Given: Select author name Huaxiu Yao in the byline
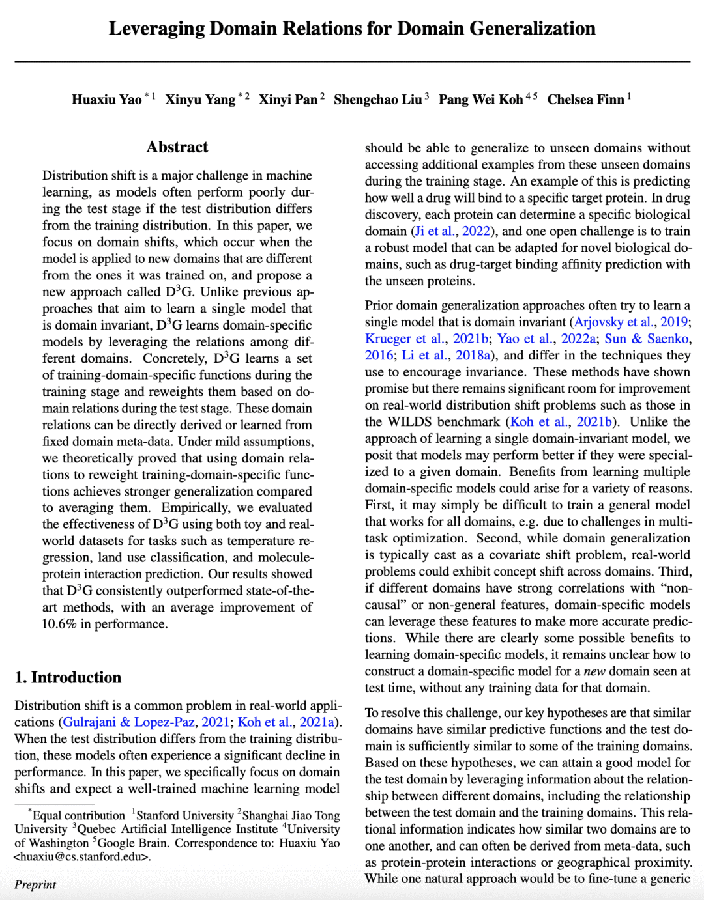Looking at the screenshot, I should (x=107, y=100).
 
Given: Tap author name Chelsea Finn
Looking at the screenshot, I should (x=585, y=100).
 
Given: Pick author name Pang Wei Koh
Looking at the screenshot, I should (x=480, y=100).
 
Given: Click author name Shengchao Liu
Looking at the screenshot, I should (x=377, y=100).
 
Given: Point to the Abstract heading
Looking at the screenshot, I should (x=177, y=147).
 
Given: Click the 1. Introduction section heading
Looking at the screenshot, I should (x=68, y=677).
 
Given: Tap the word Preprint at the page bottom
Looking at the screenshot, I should (x=35, y=884).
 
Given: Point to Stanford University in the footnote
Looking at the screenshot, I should (x=184, y=815).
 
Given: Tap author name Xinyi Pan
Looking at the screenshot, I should (x=287, y=100).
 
